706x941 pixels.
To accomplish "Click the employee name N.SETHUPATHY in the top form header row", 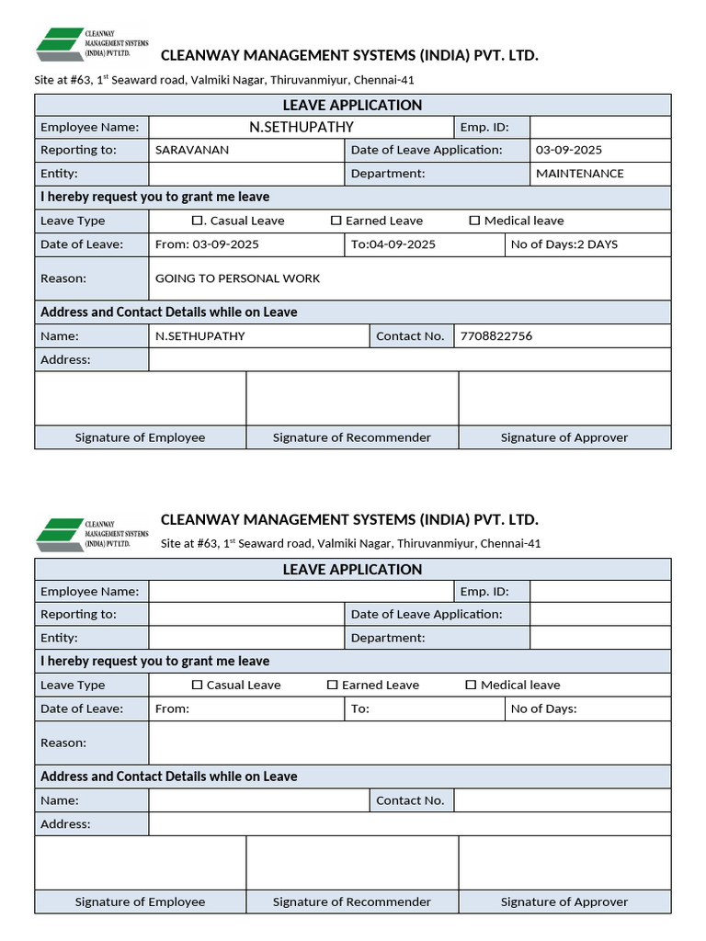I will click(x=302, y=127).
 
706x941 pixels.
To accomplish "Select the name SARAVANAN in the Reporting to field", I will click(x=192, y=150).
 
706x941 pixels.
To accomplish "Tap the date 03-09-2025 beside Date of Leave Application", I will click(x=569, y=150).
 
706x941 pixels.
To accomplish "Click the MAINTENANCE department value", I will click(x=579, y=174).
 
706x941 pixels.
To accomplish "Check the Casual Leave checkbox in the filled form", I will click(x=196, y=221).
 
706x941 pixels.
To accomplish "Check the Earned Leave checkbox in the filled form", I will click(x=336, y=221).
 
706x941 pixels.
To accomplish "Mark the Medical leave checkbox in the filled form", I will click(x=474, y=221).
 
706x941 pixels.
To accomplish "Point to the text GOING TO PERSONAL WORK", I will click(x=237, y=278).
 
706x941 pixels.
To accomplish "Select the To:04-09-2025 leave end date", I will click(x=393, y=244).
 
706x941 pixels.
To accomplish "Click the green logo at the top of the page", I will click(x=59, y=42).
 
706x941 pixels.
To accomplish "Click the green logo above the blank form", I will click(x=59, y=532).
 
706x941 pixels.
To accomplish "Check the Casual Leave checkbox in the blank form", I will click(x=197, y=685).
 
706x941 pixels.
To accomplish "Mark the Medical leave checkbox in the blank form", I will click(x=471, y=685).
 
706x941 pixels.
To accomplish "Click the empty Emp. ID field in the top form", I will click(x=600, y=127).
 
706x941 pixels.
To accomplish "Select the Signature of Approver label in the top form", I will click(x=564, y=437).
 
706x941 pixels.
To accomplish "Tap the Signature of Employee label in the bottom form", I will click(x=140, y=901).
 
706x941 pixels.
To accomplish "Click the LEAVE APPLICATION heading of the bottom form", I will click(x=352, y=570).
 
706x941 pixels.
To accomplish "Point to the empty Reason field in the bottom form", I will click(x=409, y=743).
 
